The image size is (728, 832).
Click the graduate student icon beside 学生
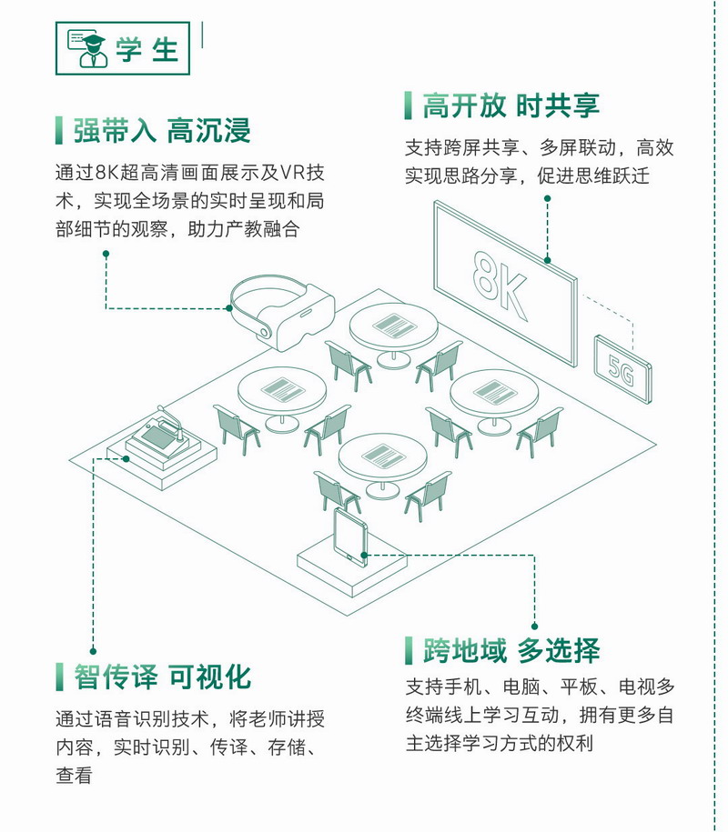pos(86,48)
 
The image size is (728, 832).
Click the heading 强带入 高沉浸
pos(162,131)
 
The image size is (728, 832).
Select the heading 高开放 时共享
pos(511,105)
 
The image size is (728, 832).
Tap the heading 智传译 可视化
pos(163,677)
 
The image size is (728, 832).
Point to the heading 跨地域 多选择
pos(511,650)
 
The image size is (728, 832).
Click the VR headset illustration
pos(282,312)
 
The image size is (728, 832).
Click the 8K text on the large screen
pos(500,285)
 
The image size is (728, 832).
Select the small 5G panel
pos(622,369)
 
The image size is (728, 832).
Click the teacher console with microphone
pos(162,437)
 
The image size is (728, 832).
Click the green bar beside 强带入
pos(59,131)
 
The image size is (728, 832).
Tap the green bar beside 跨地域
pos(409,650)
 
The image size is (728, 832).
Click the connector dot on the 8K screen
pos(548,260)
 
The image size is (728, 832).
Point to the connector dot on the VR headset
pos(229,307)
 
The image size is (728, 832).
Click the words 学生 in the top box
pos(147,49)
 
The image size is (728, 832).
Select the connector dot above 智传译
pos(94,651)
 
